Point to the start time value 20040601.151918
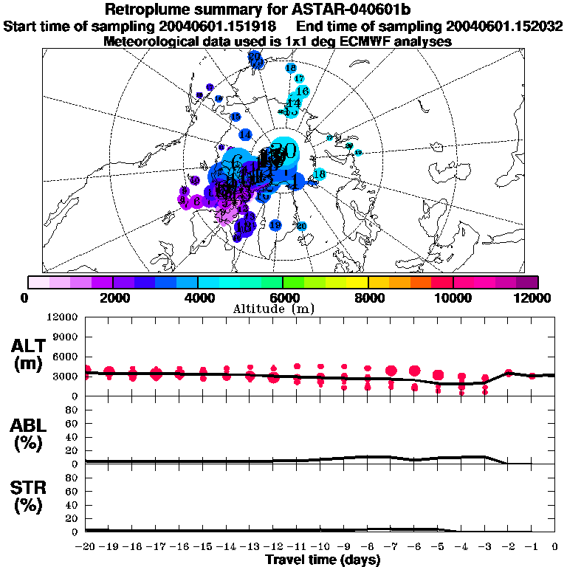[x=223, y=27]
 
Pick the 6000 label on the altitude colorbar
[x=283, y=297]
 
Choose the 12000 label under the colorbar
[x=535, y=297]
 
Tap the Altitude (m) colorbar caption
[x=283, y=309]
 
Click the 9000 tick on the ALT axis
[x=66, y=337]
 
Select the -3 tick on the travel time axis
[x=484, y=547]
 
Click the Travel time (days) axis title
[x=323, y=560]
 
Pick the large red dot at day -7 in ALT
[x=391, y=371]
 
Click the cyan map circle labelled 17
[x=299, y=78]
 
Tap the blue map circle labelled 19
[x=275, y=225]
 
